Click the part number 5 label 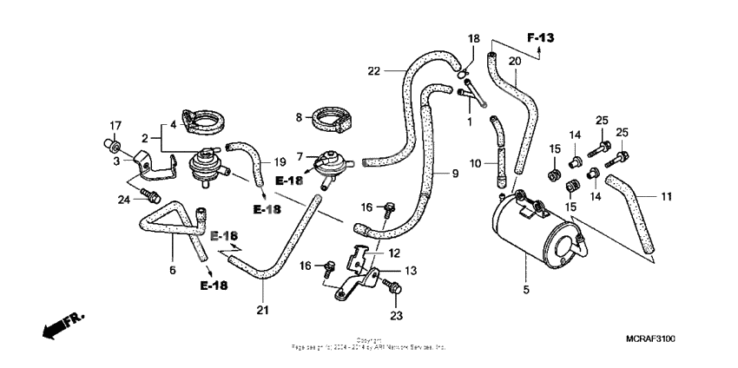pyautogui.click(x=525, y=287)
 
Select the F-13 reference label pyautogui.click(x=540, y=37)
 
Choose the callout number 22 pyautogui.click(x=373, y=70)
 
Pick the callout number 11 pyautogui.click(x=666, y=198)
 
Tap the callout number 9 pyautogui.click(x=453, y=174)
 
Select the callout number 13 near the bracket pyautogui.click(x=411, y=271)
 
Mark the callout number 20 pyautogui.click(x=513, y=61)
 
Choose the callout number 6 pyautogui.click(x=172, y=270)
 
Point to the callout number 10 pyautogui.click(x=475, y=163)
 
